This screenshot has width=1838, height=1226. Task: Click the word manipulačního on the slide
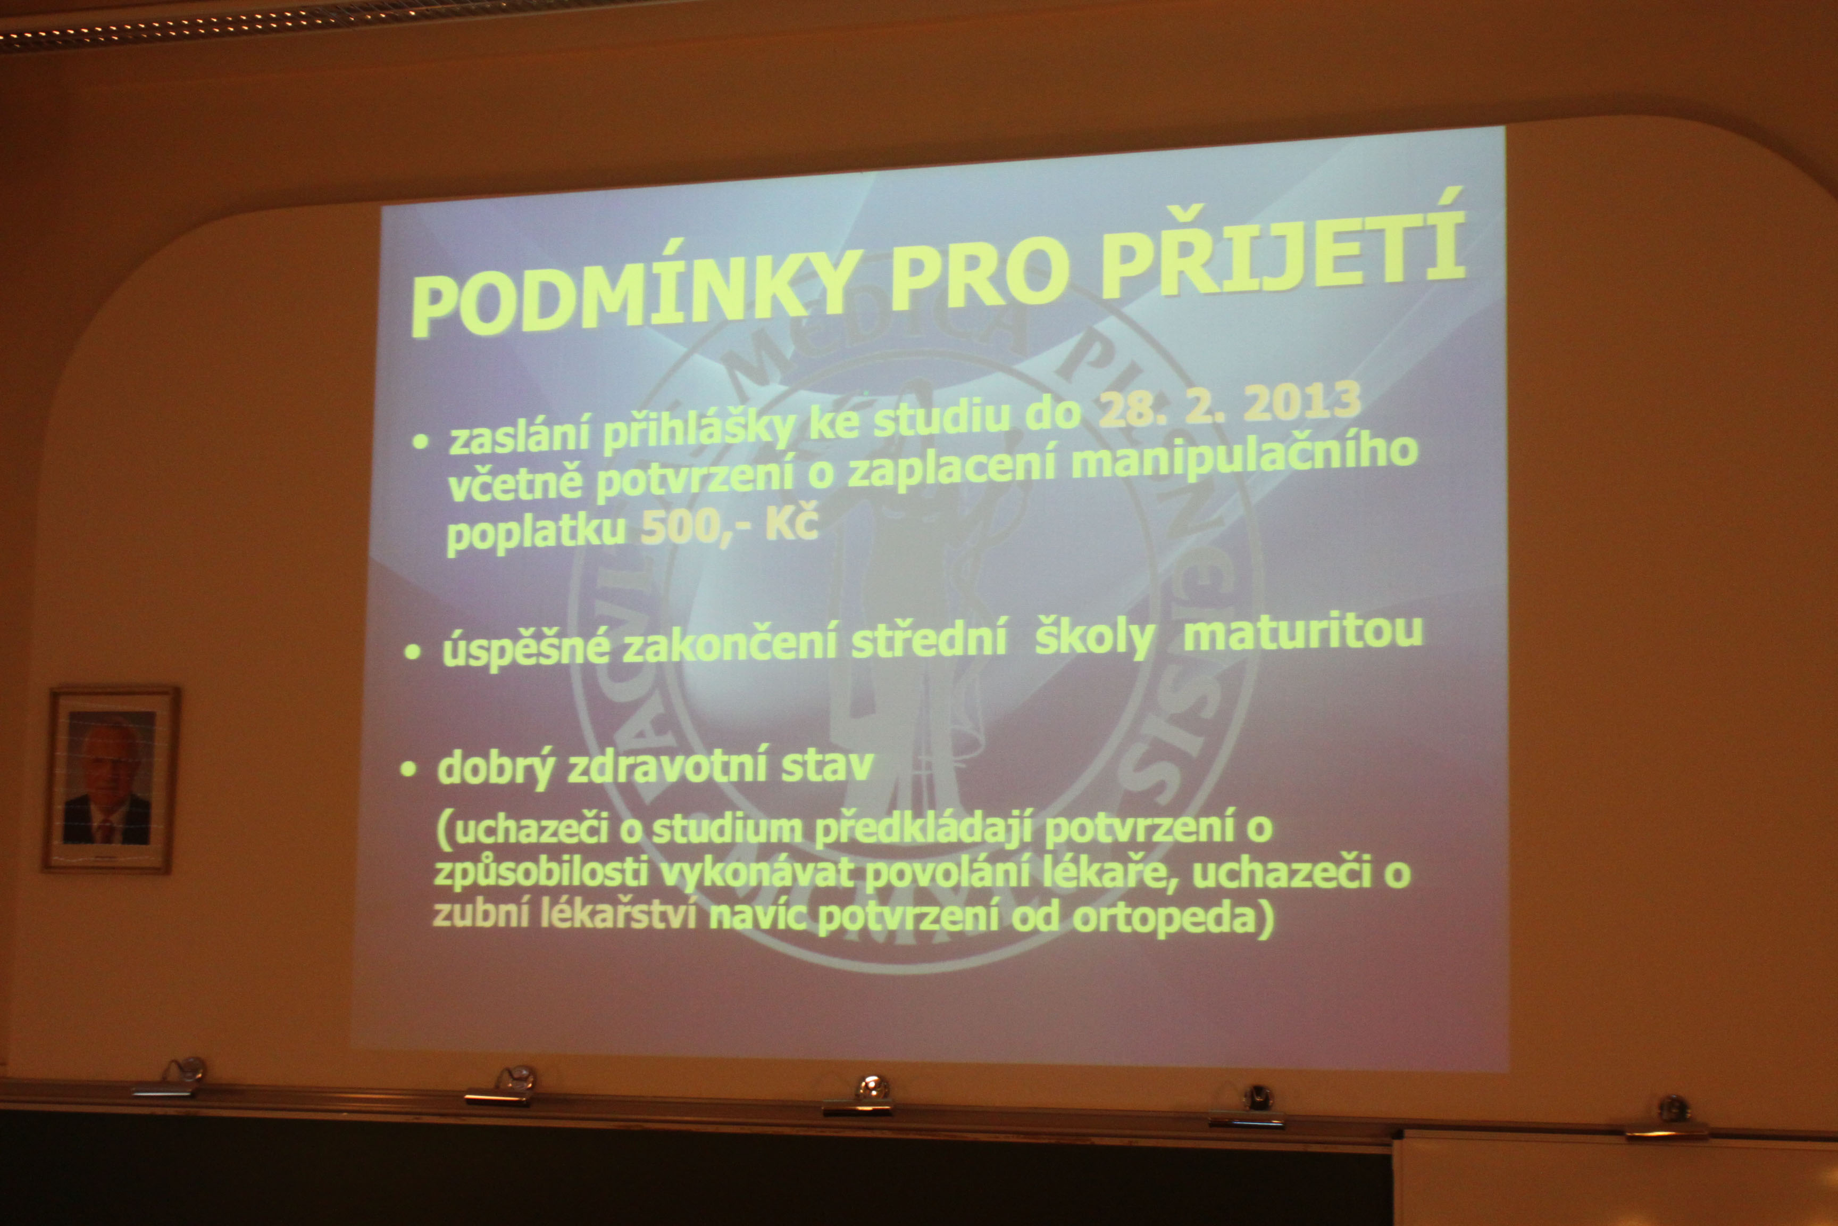[x=1243, y=460]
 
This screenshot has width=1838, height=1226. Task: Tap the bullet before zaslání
[x=421, y=442]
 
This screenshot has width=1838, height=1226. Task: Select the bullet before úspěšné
[x=413, y=652]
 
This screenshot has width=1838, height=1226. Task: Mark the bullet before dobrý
[x=408, y=769]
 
